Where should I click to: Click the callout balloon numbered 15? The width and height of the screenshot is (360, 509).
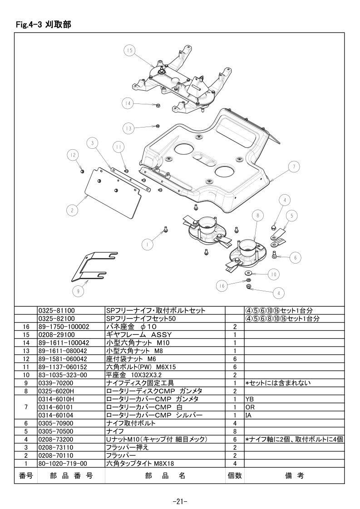coord(129,50)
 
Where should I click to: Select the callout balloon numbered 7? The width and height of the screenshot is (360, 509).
coord(294,167)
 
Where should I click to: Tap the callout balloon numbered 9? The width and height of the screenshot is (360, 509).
coord(78,291)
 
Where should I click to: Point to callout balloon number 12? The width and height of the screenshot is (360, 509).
coord(73,155)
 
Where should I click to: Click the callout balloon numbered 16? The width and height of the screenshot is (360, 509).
coord(222,286)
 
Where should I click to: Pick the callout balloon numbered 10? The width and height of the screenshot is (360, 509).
coord(274,274)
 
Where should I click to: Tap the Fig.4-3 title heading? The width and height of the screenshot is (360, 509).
coord(44,24)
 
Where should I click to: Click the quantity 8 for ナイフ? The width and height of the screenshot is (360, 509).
coord(235,431)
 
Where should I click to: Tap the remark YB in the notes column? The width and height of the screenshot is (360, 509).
coord(250,399)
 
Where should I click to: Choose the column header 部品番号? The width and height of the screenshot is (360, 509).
coord(71,475)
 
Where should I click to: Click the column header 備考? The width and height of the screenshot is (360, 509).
coord(294,475)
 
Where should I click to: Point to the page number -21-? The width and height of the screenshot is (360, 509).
coord(180,502)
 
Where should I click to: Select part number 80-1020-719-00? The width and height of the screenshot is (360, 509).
coord(63,464)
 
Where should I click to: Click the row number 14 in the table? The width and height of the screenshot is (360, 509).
coord(26,343)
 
